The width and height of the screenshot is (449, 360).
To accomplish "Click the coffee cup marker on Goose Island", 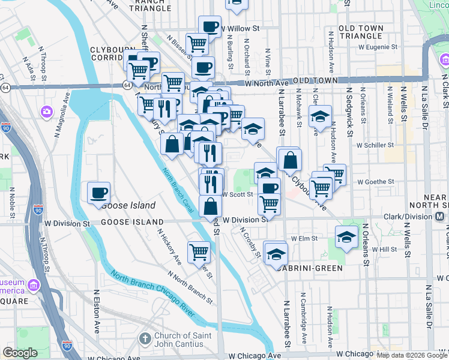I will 99,193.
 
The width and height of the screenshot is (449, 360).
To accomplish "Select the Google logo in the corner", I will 20,353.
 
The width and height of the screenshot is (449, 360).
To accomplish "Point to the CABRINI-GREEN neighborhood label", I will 309,268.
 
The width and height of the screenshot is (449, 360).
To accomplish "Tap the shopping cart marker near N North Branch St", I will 199,251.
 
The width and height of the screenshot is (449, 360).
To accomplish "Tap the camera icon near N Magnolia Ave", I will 46,112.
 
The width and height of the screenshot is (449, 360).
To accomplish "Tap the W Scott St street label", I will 234,194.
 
